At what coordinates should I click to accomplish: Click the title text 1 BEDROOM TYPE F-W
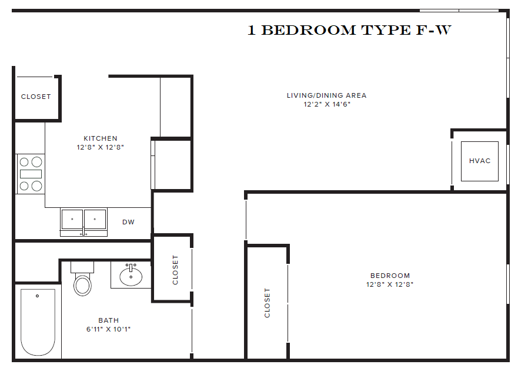(349, 31)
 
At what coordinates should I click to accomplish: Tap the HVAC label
(479, 161)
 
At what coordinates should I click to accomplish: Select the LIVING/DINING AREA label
(326, 95)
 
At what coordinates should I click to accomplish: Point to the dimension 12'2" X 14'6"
(326, 104)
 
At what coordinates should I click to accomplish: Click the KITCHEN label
(100, 138)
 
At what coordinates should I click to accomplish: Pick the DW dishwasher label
(128, 222)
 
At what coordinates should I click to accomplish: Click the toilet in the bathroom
(82, 283)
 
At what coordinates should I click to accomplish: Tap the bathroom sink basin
(131, 276)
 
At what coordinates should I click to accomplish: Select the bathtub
(38, 322)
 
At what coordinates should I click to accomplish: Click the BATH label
(108, 321)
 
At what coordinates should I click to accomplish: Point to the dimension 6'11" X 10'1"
(108, 329)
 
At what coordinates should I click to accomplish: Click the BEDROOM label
(390, 276)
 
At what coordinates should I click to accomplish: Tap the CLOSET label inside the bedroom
(268, 303)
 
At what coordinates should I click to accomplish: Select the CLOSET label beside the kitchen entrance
(36, 97)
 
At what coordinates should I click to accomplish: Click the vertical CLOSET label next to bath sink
(175, 270)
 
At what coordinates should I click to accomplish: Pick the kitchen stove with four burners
(31, 174)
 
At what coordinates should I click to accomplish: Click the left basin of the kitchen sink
(72, 219)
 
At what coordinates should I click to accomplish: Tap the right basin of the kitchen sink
(95, 219)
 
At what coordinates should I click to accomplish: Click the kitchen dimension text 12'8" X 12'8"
(100, 147)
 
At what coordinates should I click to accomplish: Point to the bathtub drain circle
(37, 296)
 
